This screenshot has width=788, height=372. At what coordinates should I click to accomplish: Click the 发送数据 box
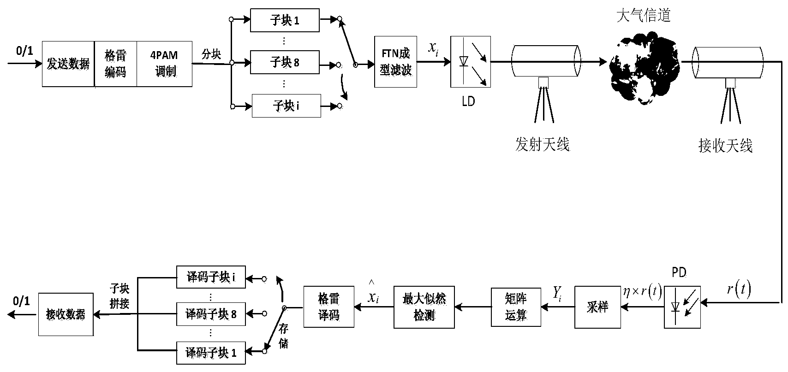coord(68,64)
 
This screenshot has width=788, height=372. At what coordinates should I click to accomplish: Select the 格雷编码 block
coord(115,64)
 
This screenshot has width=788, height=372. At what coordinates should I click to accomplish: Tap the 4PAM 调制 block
coord(165,64)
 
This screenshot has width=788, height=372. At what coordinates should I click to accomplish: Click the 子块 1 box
coord(284,21)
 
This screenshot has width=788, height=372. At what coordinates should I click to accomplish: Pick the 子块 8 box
coord(284,63)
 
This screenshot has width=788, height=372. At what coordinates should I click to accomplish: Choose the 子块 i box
coord(286,106)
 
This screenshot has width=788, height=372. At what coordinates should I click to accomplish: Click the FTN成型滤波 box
coord(395,62)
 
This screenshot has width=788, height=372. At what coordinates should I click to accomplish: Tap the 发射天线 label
coord(542,144)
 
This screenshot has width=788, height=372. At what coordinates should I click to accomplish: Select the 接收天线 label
coord(725,146)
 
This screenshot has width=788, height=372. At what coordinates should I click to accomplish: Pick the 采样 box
coord(597,307)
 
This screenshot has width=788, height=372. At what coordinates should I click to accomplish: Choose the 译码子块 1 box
coord(211,353)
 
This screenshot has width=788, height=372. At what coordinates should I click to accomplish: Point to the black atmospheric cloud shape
coord(644,69)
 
